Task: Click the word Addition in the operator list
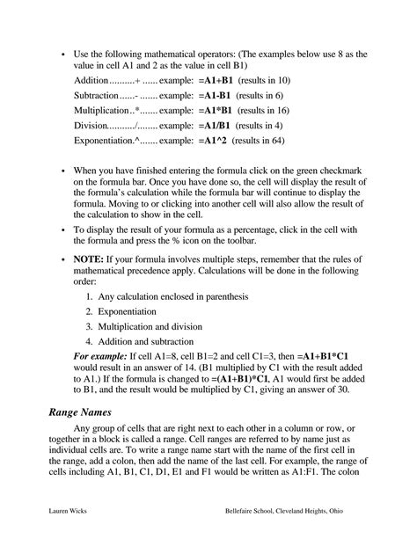(94, 81)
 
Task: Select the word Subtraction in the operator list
(98, 95)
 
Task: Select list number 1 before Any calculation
(90, 297)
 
